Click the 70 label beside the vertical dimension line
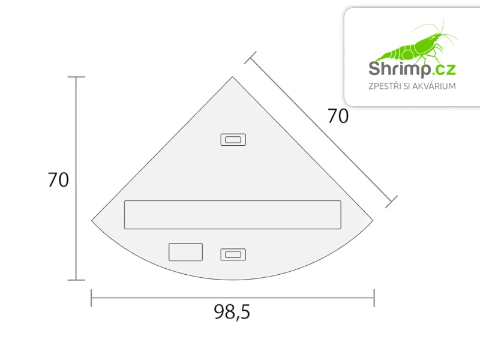58,179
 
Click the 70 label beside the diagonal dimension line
338,116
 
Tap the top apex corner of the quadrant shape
233,77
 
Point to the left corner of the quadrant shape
92,219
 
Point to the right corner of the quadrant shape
373,219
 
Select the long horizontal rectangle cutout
232,215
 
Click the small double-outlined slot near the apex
233,140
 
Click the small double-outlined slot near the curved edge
233,254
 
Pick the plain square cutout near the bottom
185,252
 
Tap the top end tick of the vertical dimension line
76,77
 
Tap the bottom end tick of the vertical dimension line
76,280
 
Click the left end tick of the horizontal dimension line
91,298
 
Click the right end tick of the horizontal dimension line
374,298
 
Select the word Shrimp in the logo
399,68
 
